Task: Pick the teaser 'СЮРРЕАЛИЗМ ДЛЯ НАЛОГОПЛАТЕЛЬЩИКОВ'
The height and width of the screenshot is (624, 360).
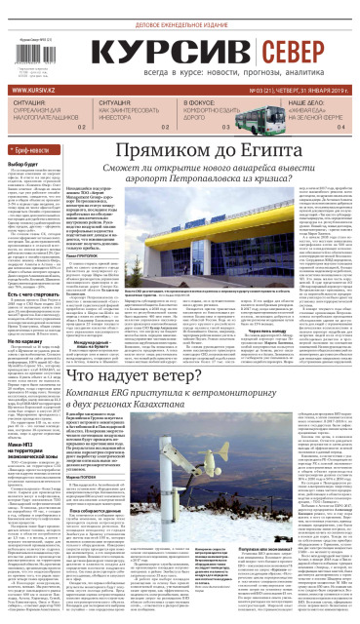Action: pos(43,110)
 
